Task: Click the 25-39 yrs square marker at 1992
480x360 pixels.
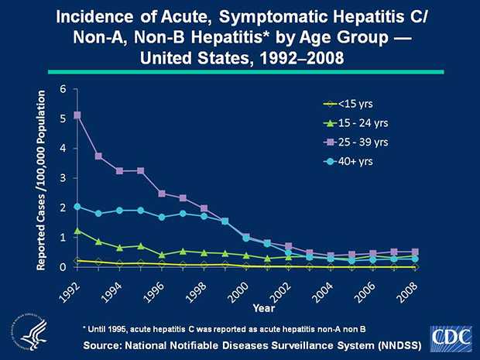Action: (77, 115)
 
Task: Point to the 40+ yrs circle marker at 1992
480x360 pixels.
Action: (77, 207)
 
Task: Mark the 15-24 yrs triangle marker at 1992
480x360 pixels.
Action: (77, 231)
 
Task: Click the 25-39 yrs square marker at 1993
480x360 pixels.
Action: (98, 156)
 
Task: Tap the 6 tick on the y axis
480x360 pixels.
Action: (63, 88)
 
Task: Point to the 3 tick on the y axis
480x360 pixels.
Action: (63, 178)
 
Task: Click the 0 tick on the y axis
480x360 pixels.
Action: (63, 267)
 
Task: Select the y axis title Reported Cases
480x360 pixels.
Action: (44, 178)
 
